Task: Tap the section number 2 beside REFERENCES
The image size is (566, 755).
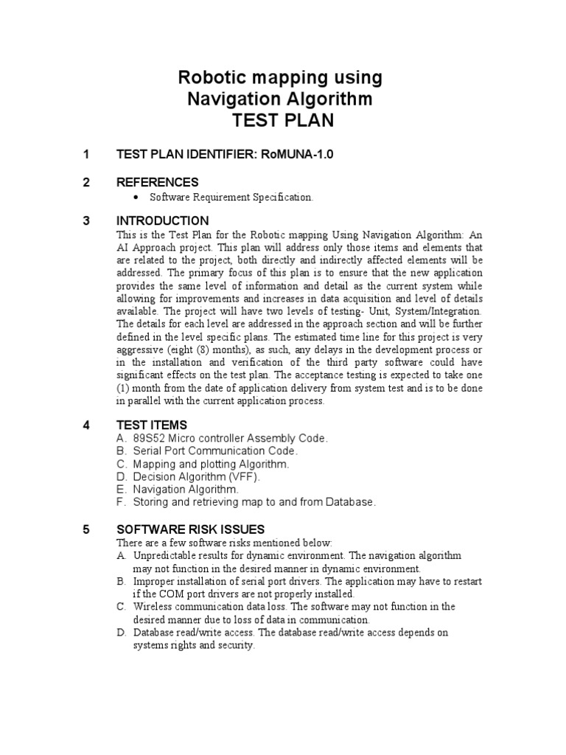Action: tap(86, 182)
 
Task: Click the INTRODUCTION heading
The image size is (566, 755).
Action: tap(162, 221)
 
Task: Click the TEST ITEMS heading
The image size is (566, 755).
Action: tap(152, 425)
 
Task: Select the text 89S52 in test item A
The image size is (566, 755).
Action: tap(147, 438)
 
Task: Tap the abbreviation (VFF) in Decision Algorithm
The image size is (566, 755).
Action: tap(244, 476)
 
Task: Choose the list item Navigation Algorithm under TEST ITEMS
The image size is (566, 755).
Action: tap(186, 489)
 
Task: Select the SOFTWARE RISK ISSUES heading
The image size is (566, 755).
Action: tap(190, 529)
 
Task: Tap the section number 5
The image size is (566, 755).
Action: tap(86, 529)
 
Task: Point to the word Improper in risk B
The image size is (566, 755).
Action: tap(153, 581)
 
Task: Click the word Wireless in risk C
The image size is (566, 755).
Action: tap(152, 607)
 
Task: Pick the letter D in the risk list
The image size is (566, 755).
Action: tap(121, 633)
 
